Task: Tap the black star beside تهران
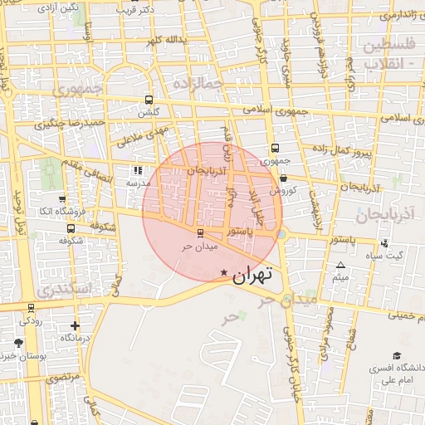(x=223, y=273)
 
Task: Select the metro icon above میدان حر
(x=199, y=233)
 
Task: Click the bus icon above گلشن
(x=149, y=98)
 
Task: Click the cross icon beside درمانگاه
(x=76, y=325)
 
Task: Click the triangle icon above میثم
(x=340, y=266)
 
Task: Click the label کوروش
(x=283, y=190)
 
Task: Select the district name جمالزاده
(x=198, y=81)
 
